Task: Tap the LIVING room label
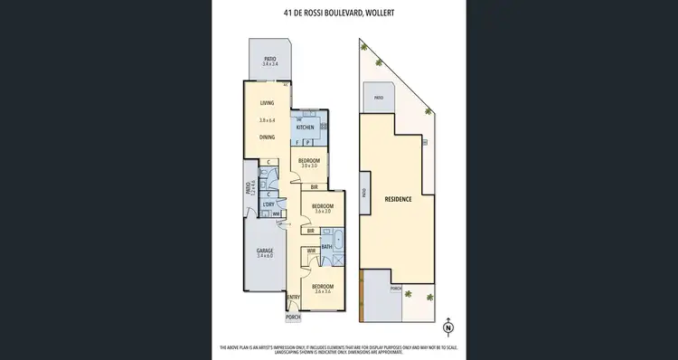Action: coord(267,103)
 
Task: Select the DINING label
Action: coord(267,137)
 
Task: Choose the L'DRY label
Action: coord(268,205)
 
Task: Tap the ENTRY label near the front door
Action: coord(293,298)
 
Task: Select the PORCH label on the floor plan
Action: coord(293,317)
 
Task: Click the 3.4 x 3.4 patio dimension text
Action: coord(269,65)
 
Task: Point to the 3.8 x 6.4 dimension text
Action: coord(267,120)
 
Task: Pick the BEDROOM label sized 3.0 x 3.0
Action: coord(310,160)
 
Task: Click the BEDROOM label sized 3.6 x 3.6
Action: coord(323,288)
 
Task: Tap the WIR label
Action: coord(310,251)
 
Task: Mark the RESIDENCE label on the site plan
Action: coord(399,198)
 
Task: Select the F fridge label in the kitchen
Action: coord(298,143)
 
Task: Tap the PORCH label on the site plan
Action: coord(396,289)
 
